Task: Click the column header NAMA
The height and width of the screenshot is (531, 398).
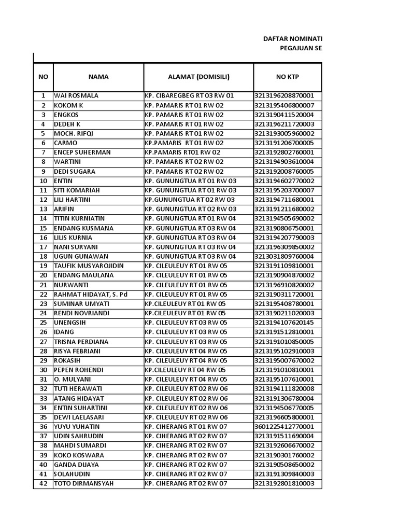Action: point(98,77)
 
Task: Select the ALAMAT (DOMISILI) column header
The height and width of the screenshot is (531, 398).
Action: point(198,77)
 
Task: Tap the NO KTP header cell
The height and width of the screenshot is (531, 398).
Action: point(288,77)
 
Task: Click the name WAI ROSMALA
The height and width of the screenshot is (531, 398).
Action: point(76,96)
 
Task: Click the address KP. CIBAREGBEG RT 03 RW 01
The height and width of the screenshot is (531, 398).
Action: point(189,96)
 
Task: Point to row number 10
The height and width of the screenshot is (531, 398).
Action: point(44,181)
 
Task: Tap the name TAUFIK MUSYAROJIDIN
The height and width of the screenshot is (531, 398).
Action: point(89,266)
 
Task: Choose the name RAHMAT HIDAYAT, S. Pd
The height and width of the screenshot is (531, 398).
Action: point(91,295)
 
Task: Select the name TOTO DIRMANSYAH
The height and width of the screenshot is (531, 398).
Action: point(83,484)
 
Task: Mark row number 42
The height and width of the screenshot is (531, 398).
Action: point(44,484)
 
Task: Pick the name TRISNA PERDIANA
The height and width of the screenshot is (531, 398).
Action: point(81,342)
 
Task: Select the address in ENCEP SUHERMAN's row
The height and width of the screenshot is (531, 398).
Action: point(182,152)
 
